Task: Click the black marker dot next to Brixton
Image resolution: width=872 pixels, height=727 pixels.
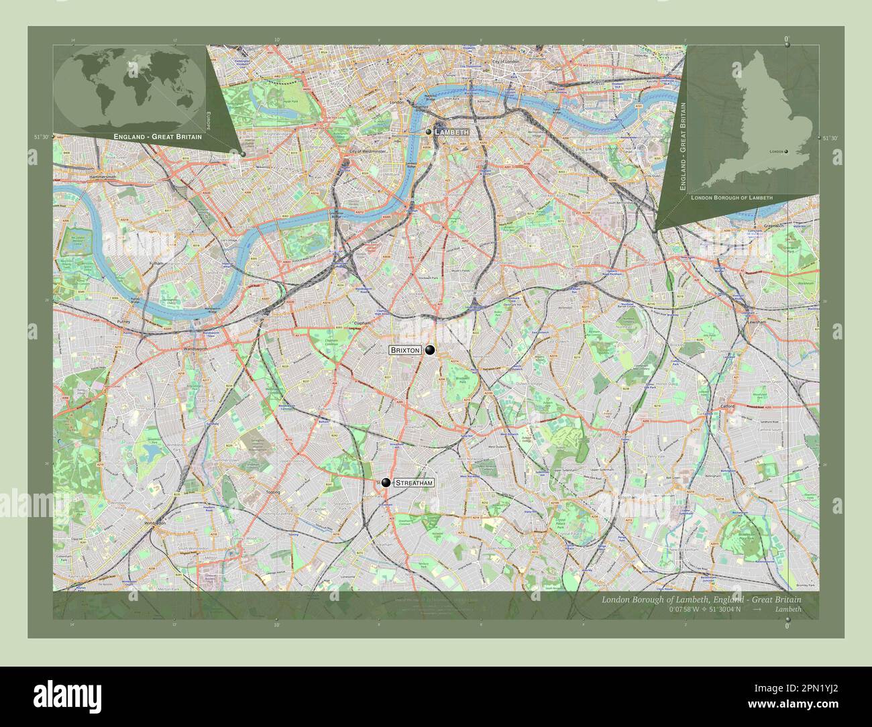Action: [x=429, y=349]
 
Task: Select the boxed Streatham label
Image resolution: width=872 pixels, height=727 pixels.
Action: [x=413, y=483]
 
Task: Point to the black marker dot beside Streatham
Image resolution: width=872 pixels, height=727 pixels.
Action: [x=386, y=482]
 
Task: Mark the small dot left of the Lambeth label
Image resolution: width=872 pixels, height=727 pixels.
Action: [x=428, y=132]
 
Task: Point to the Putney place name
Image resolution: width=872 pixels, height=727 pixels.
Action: [x=123, y=322]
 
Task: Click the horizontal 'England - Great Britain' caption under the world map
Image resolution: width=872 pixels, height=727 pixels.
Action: [x=158, y=137]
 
